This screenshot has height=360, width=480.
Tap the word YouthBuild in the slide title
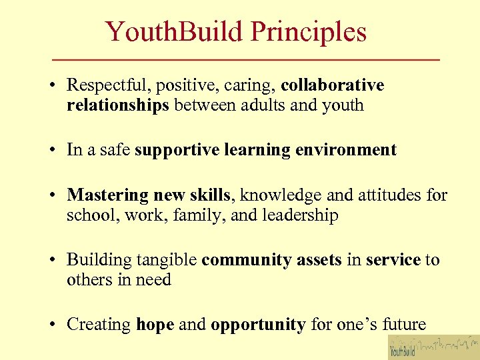(177, 32)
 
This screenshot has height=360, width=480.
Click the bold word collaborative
(333, 86)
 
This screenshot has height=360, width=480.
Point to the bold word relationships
(118, 105)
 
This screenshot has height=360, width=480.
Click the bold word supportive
(176, 151)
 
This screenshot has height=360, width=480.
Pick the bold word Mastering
(108, 195)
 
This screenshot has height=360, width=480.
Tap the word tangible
(166, 260)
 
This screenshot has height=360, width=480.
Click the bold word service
(393, 260)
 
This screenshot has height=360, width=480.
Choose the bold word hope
(155, 325)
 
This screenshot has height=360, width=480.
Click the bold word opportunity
(258, 325)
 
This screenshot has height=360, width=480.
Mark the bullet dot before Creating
(51, 325)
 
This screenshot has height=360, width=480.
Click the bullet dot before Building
(51, 261)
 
